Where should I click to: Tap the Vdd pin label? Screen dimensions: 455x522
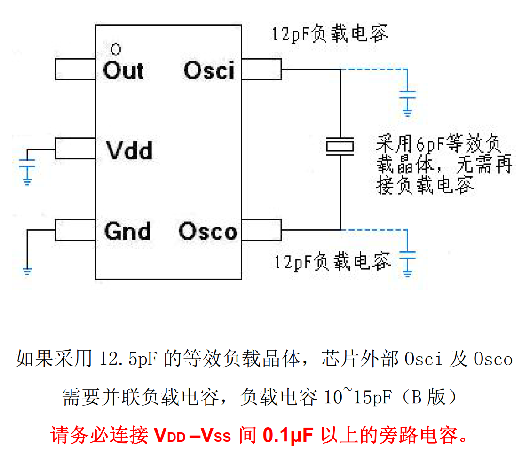point(128,151)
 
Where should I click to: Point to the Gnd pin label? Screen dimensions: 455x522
point(127,231)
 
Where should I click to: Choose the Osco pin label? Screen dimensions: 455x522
point(208,232)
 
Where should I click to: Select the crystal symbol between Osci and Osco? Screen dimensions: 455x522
point(340,146)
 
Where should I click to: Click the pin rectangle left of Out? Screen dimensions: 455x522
point(75,70)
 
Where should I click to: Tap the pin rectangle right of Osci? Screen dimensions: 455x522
point(261,70)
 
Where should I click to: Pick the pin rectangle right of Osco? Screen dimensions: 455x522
point(261,230)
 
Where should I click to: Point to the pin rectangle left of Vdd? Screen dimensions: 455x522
point(75,149)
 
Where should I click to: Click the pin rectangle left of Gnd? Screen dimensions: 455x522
point(75,230)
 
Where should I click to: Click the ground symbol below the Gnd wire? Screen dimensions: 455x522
point(27,270)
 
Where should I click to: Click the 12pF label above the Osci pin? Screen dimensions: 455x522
point(330,35)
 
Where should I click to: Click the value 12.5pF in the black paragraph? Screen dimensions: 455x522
point(130,360)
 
